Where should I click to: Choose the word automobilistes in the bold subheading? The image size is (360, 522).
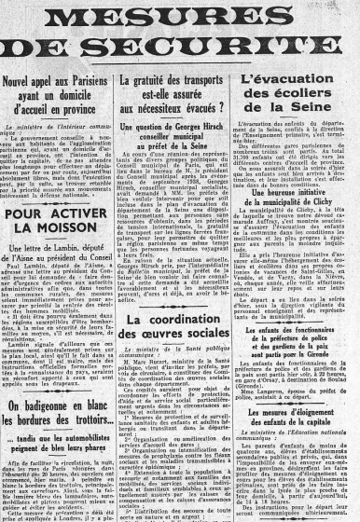pyautogui.click(x=93, y=417)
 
